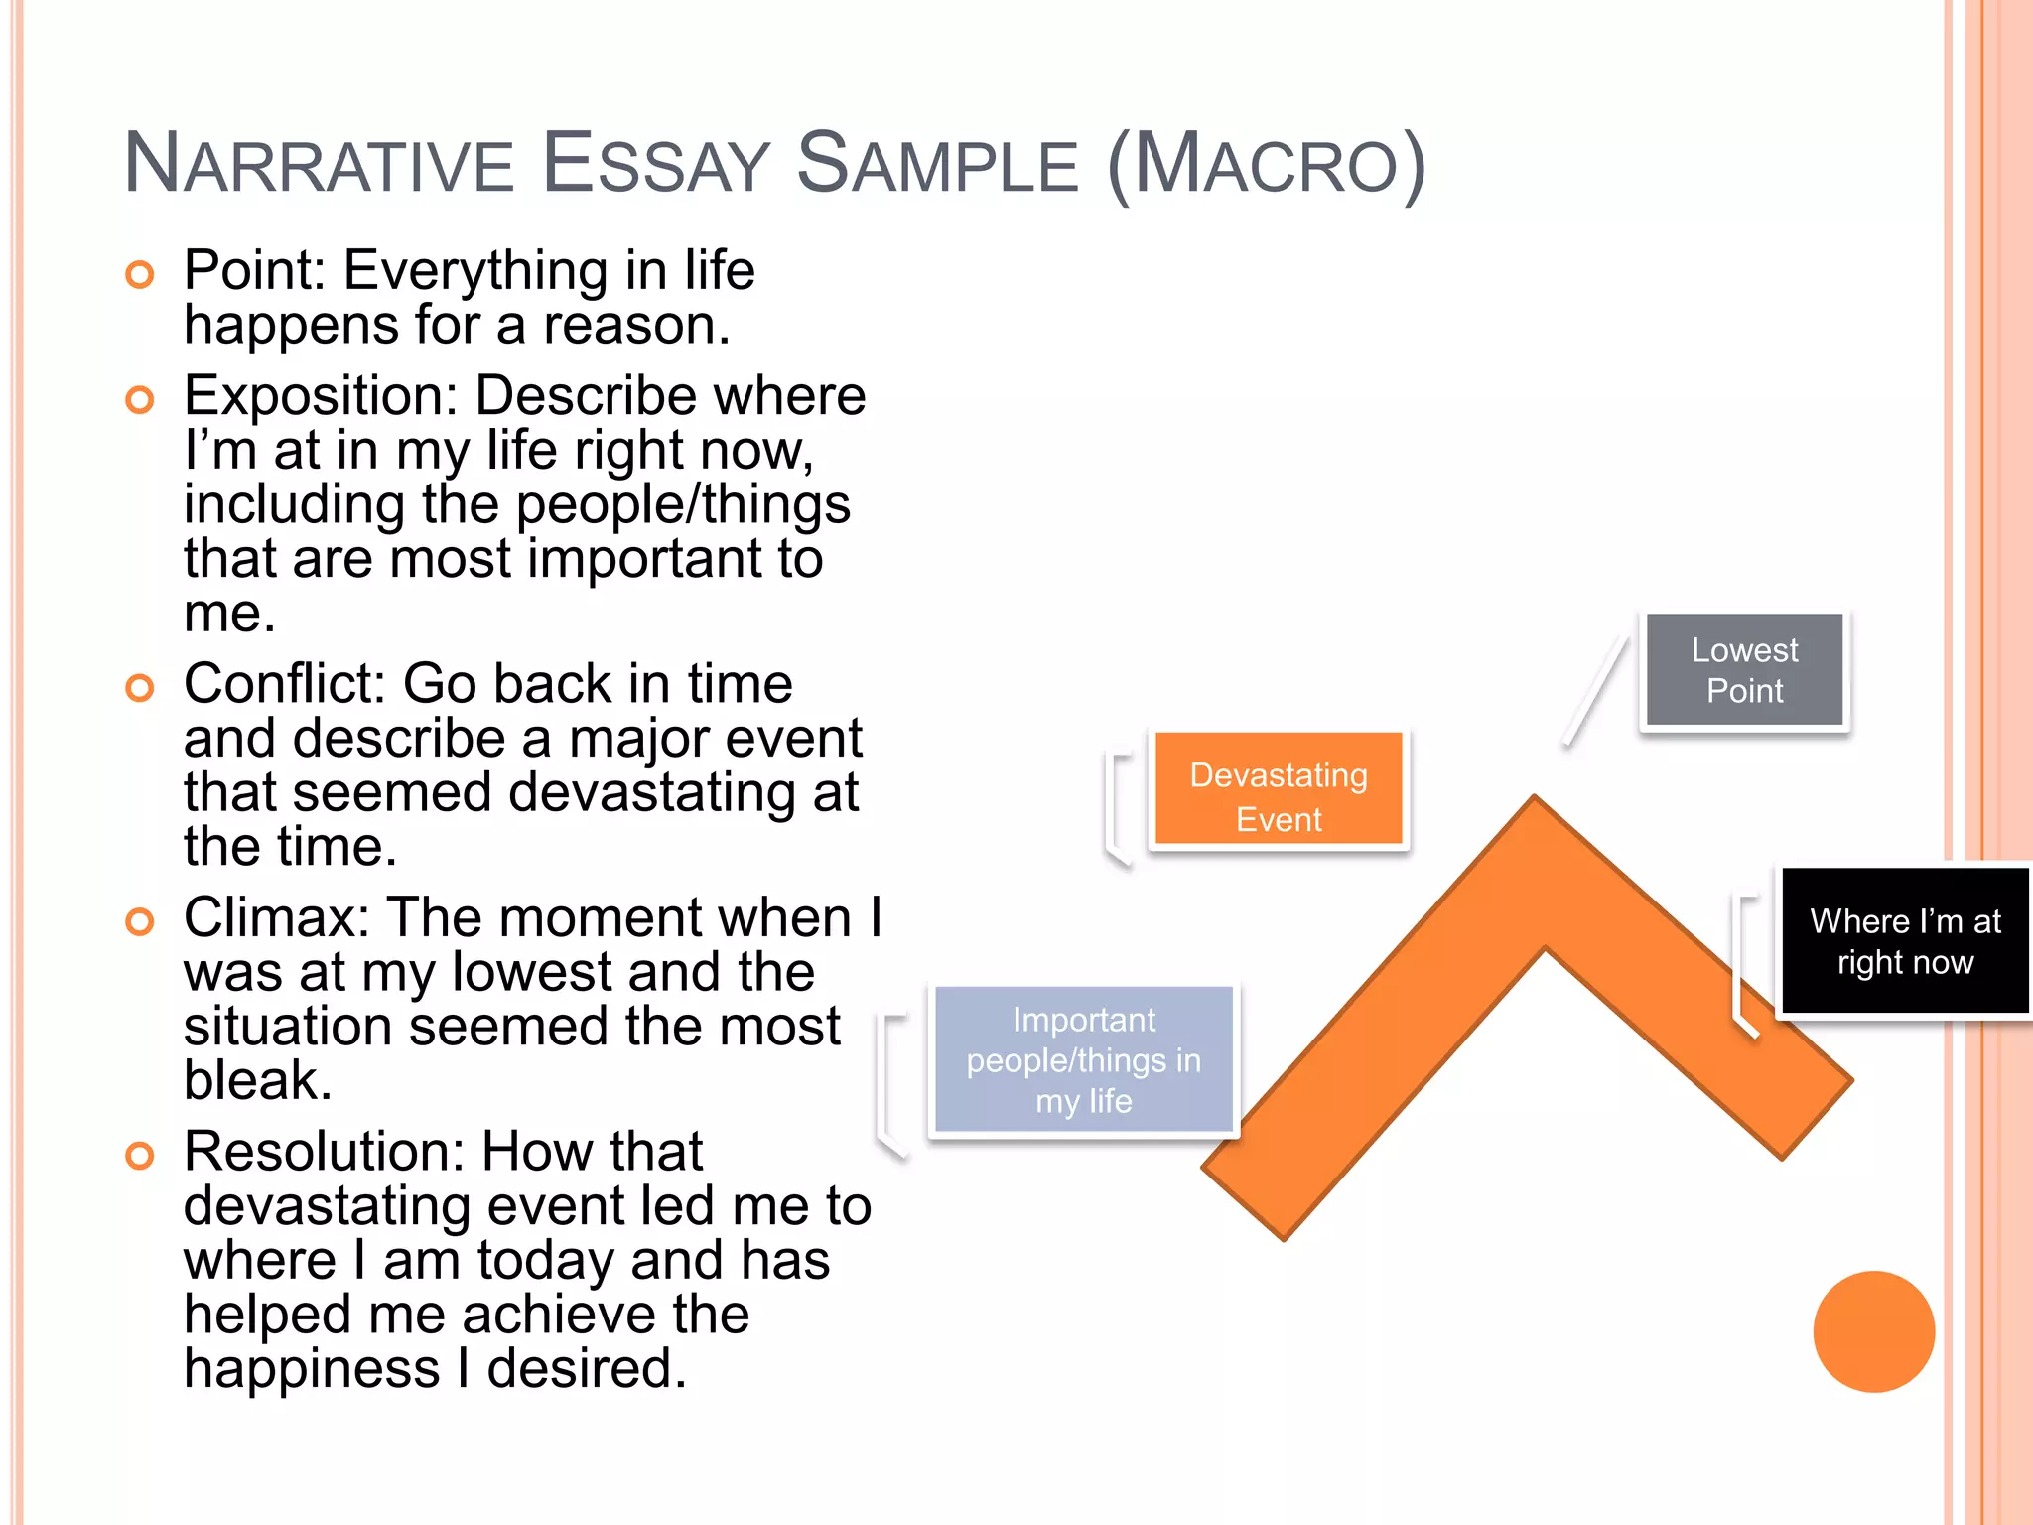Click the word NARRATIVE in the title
[318, 164]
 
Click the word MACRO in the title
[1266, 164]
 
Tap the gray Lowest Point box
[1744, 670]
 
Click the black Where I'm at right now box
[1904, 941]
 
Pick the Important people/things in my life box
[1083, 1059]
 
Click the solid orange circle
[1873, 1331]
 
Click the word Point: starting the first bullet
[255, 271]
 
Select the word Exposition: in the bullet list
[321, 396]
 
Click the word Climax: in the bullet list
[277, 917]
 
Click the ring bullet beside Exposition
[140, 400]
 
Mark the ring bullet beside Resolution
[140, 1156]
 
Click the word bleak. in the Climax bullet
[257, 1080]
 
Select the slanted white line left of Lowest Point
[1596, 690]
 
